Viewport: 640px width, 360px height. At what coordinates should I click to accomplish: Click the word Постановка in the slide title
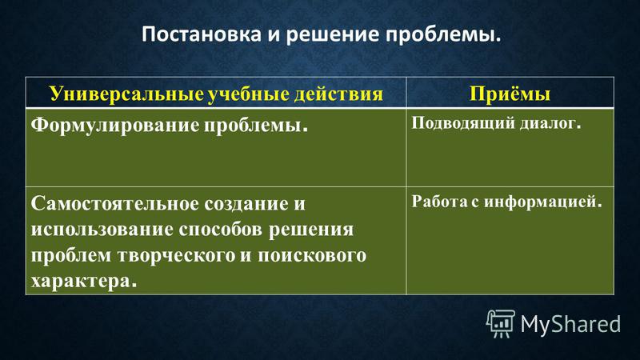[x=202, y=34]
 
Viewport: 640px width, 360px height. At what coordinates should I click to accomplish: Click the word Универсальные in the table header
[x=126, y=94]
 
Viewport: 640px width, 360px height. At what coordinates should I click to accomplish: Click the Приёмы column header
[x=510, y=94]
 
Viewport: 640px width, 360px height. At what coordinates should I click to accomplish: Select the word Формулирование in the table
[x=115, y=126]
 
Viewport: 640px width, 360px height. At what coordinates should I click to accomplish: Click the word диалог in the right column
[x=550, y=123]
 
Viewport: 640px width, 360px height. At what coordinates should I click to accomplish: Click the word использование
[x=102, y=230]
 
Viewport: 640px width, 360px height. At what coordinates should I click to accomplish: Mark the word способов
[x=221, y=229]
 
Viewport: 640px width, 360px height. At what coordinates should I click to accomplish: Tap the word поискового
[x=312, y=255]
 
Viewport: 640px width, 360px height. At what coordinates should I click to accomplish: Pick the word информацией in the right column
[x=543, y=202]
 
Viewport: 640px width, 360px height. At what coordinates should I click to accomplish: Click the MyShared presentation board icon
[x=501, y=323]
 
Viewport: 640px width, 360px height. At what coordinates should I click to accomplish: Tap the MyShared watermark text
[x=570, y=324]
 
